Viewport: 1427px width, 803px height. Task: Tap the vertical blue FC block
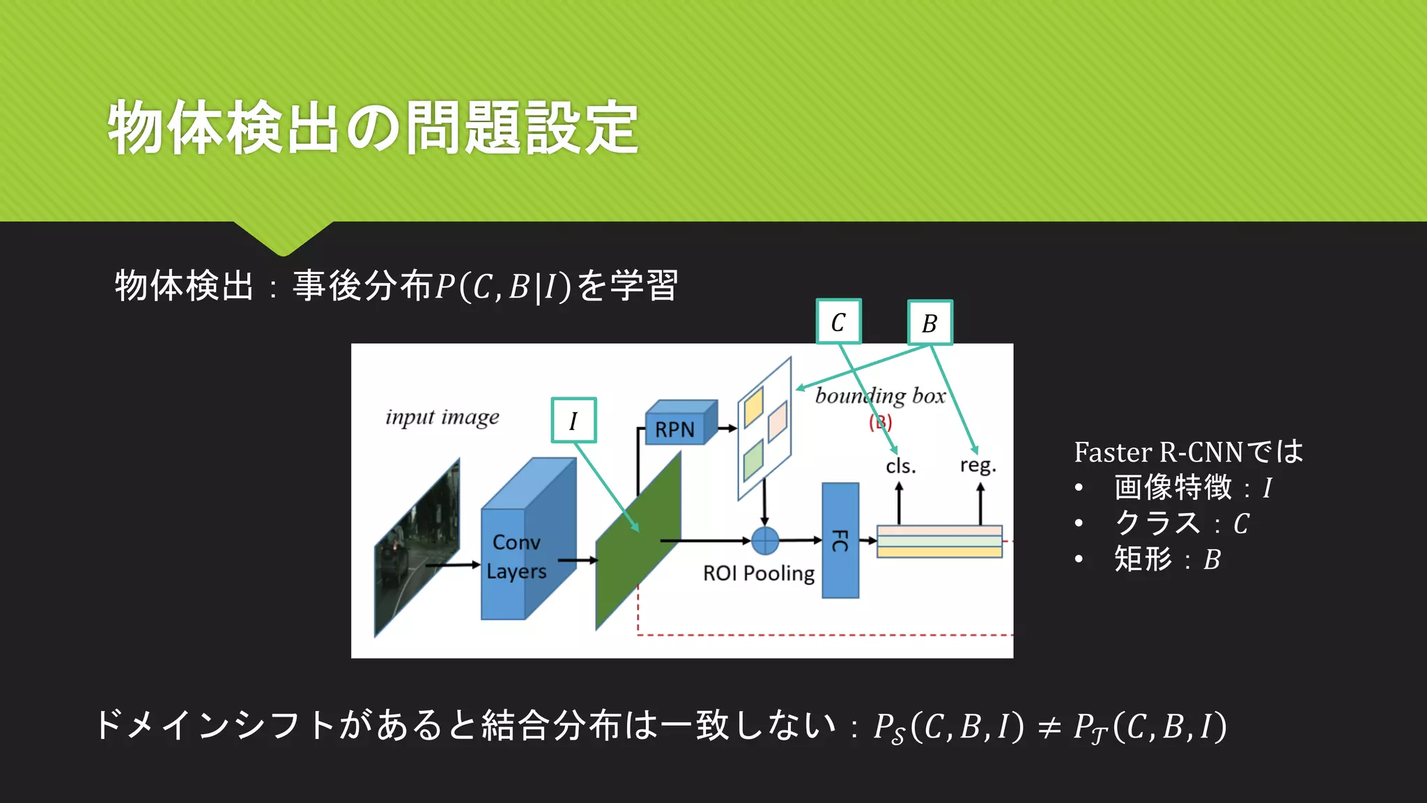pos(840,540)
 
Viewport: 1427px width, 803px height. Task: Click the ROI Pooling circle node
pos(765,540)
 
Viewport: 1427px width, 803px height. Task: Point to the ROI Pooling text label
pos(758,573)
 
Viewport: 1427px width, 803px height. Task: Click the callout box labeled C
pos(838,322)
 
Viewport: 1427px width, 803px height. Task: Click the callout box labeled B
pos(930,323)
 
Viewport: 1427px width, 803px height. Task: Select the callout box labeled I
pos(573,420)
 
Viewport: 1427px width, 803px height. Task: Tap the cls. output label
pos(900,466)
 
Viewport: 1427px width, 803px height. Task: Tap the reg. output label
pos(978,465)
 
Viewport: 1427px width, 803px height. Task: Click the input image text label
pos(442,417)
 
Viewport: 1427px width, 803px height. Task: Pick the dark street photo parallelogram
pos(417,548)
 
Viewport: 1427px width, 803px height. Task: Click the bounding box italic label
pos(880,396)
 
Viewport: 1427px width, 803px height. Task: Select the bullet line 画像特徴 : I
pos(1192,487)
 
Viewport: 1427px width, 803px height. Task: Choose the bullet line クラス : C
pos(1181,523)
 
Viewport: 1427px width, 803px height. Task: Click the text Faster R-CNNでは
pos(1188,452)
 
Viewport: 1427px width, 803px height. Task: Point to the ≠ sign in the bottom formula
pos(1049,727)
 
